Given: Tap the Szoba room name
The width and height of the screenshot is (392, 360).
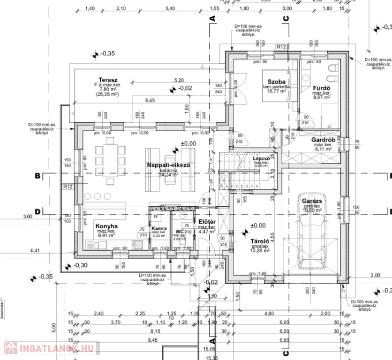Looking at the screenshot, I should pos(276,82).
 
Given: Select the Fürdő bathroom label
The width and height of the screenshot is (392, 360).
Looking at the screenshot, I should pos(322,88).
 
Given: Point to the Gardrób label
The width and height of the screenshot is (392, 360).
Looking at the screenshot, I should pos(323,140).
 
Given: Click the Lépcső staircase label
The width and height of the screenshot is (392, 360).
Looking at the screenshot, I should pos(261,158).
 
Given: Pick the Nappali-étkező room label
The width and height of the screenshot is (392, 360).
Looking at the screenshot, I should pos(168,165).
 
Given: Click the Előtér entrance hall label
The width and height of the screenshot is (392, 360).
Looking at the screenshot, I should pos(206,221).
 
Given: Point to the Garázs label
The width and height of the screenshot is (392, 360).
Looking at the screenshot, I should pos(311,201).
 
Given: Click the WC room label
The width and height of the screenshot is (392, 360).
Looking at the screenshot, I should pos(179,231).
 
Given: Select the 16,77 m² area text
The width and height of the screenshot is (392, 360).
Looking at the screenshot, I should pos(277,91).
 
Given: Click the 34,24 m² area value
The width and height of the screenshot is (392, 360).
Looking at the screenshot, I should pos(169,175).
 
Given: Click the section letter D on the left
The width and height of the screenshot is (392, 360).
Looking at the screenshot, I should pos(37,210).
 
